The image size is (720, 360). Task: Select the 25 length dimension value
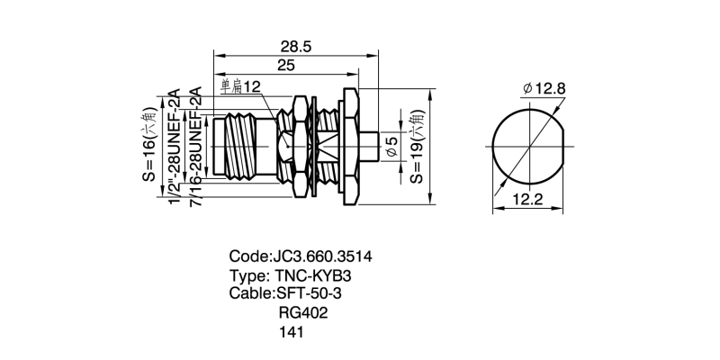286,66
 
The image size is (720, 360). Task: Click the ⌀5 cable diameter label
391,148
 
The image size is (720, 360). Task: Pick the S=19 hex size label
417,148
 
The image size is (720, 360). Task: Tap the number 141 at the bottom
293,332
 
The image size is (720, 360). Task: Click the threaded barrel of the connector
247,146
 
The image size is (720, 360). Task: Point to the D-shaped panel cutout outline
529,146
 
